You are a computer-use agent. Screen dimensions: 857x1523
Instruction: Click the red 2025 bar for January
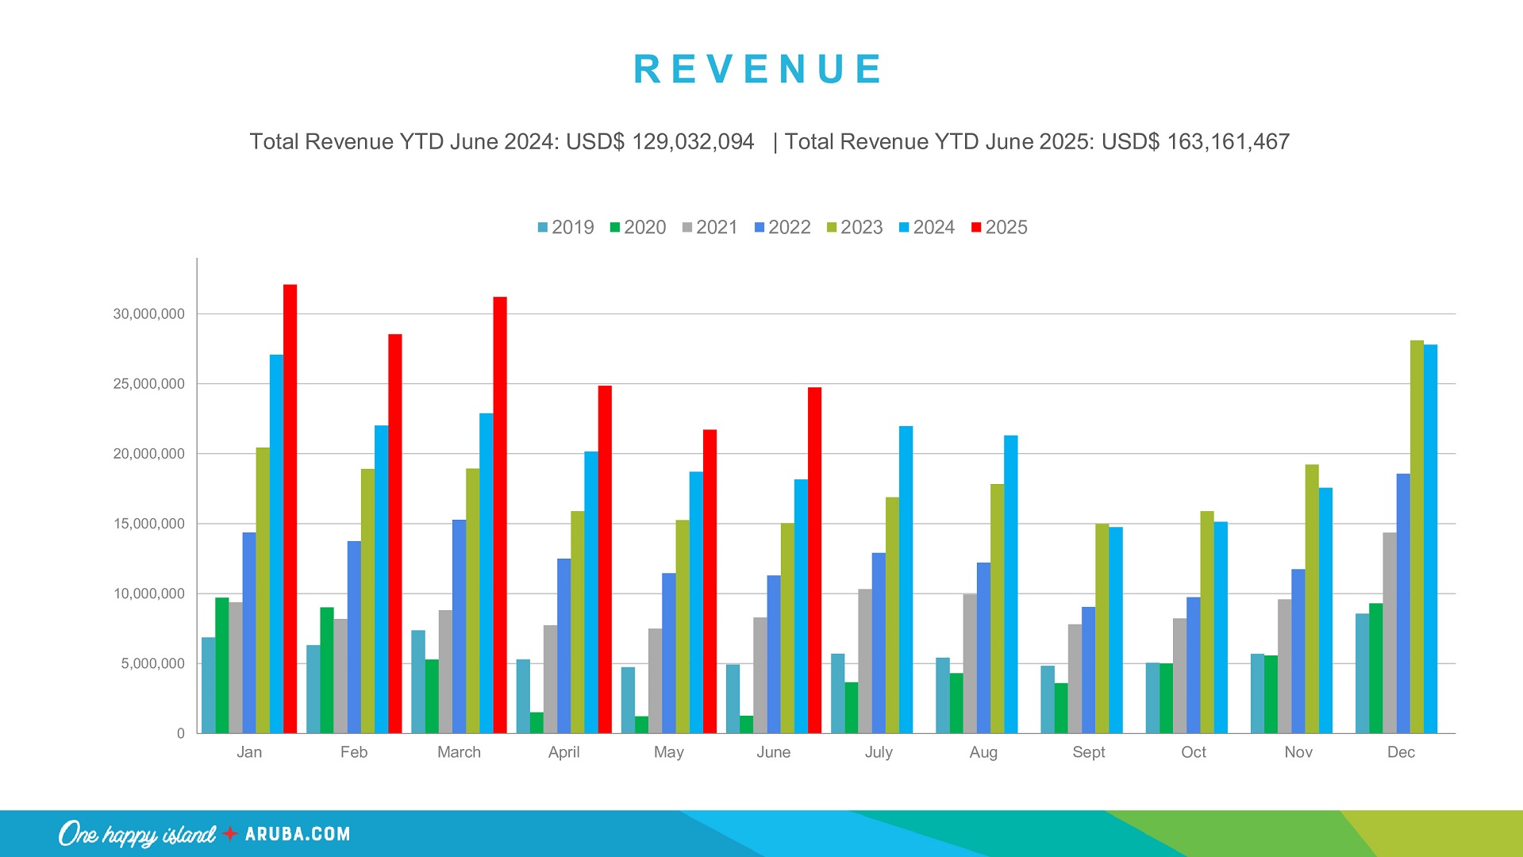coord(290,508)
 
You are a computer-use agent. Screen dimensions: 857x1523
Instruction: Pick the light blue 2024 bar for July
coord(906,579)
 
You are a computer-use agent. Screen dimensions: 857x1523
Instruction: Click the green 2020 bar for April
coord(537,723)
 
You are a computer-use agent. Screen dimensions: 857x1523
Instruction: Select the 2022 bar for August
coord(983,648)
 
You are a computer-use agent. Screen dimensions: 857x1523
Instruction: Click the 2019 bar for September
coord(1048,699)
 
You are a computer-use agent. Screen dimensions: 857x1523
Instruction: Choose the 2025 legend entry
coord(999,228)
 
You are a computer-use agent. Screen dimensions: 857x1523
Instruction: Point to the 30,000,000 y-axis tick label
coord(148,314)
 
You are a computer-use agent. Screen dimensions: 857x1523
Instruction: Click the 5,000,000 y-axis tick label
coord(152,663)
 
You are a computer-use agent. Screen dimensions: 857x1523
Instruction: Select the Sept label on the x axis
coord(1088,752)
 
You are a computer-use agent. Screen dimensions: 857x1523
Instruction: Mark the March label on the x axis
coord(459,752)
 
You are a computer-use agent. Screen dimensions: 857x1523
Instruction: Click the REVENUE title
coord(758,69)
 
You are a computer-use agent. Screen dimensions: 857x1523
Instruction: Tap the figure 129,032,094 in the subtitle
coord(692,142)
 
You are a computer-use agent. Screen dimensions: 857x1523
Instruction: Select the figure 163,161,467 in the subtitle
coord(1228,142)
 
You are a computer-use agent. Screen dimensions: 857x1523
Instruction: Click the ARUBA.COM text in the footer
coord(298,834)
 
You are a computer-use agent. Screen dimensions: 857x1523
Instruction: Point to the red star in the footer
coord(230,833)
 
